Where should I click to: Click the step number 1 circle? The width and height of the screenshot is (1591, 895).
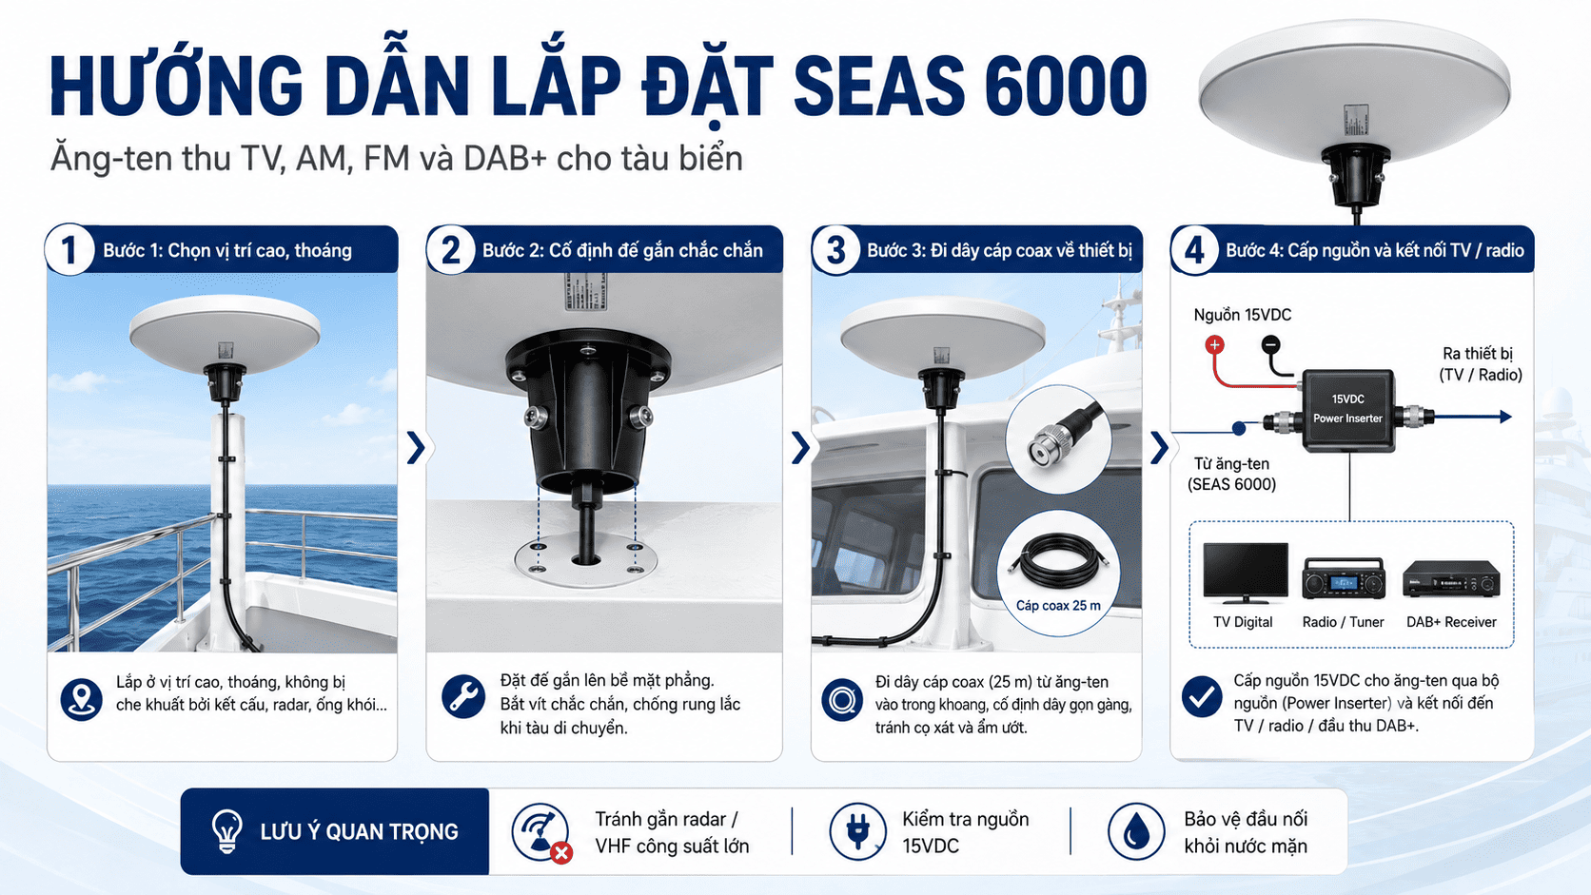(x=69, y=250)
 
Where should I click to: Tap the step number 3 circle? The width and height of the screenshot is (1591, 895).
(x=836, y=250)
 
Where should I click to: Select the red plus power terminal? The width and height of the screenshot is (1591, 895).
(x=1214, y=345)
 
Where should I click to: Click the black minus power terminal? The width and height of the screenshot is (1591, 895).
(x=1270, y=345)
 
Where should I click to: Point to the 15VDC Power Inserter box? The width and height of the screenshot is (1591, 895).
(x=1348, y=410)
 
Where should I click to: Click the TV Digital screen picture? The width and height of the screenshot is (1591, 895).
(x=1245, y=573)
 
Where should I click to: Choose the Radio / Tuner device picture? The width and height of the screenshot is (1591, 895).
(x=1343, y=578)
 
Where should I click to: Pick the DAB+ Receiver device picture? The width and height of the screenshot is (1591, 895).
(x=1451, y=578)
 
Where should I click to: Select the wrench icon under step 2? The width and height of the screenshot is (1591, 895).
(x=463, y=696)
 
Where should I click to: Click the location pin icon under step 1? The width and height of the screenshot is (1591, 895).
(x=81, y=700)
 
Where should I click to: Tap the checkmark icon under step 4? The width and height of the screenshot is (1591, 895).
(x=1202, y=696)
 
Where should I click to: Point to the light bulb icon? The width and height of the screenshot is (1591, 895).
(x=227, y=830)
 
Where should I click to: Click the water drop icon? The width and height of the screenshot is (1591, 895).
(x=1136, y=831)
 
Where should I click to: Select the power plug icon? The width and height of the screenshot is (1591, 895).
(x=857, y=831)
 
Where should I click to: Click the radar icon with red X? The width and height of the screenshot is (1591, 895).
(x=541, y=832)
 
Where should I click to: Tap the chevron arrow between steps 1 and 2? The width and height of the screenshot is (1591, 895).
(x=416, y=448)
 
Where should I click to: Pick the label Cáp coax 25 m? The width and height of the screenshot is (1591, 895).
(x=1058, y=606)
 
